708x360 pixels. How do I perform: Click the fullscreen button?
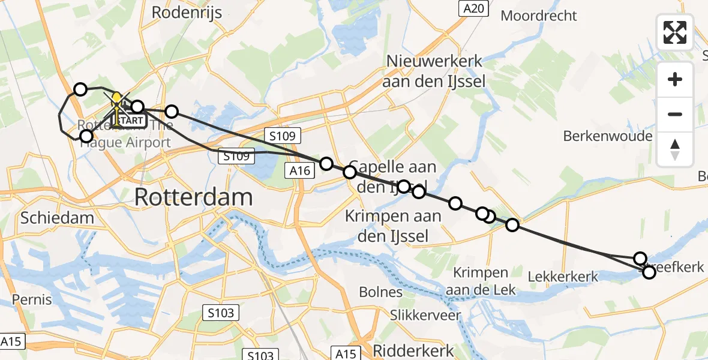pyautogui.click(x=675, y=32)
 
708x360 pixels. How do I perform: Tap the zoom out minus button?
pyautogui.click(x=675, y=114)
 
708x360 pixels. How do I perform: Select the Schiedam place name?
pyautogui.click(x=57, y=217)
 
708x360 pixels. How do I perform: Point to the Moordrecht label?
pyautogui.click(x=538, y=16)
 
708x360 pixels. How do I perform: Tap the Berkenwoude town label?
pyautogui.click(x=607, y=136)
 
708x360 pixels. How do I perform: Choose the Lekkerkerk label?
pyautogui.click(x=563, y=277)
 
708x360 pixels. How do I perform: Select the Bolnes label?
pyautogui.click(x=380, y=292)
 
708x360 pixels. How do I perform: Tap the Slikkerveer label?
pyautogui.click(x=425, y=315)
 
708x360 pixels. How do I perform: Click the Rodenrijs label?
pyautogui.click(x=187, y=12)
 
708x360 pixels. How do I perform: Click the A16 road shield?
pyautogui.click(x=298, y=172)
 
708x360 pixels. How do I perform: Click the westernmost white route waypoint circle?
pyautogui.click(x=80, y=90)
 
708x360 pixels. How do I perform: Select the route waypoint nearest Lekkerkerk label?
pyautogui.click(x=512, y=225)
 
